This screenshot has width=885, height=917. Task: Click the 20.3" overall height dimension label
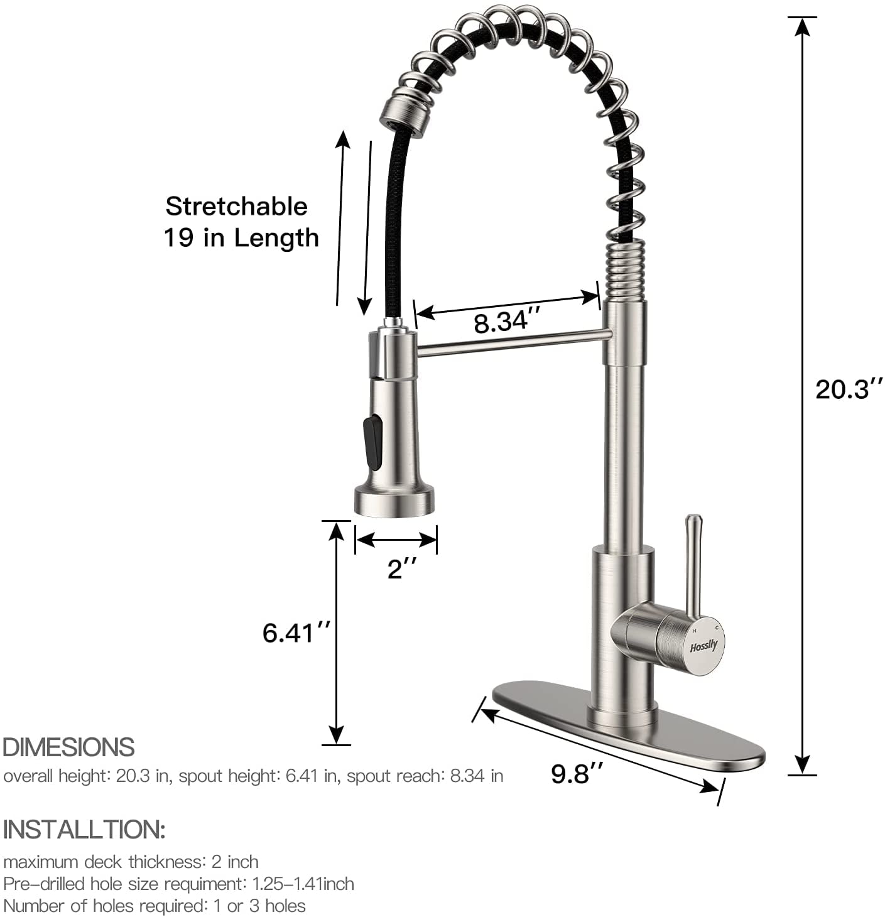(x=849, y=389)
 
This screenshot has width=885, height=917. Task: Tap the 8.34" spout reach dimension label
(x=507, y=322)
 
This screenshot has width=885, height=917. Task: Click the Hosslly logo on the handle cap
(x=703, y=646)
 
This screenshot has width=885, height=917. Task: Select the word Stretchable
(x=237, y=206)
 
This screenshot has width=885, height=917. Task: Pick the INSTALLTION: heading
(x=84, y=829)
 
